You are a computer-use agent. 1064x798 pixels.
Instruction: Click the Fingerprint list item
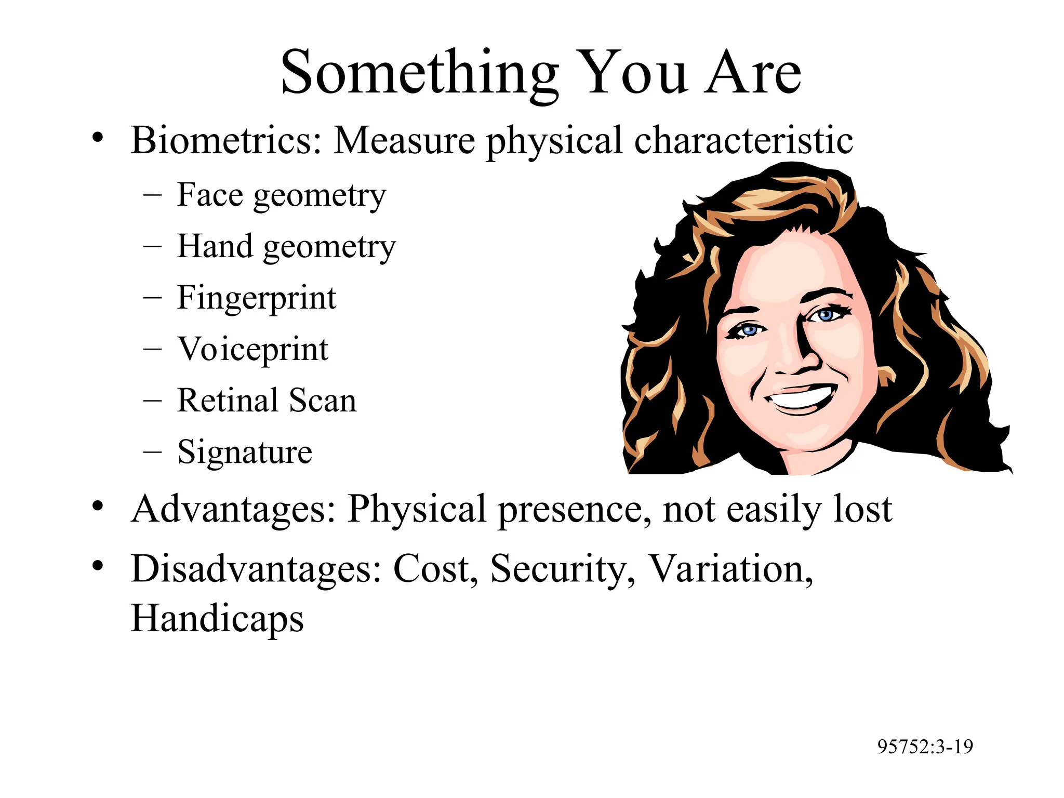click(x=257, y=298)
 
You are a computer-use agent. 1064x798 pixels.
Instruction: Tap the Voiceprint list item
click(x=253, y=349)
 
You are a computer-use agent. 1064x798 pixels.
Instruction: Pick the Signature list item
click(x=245, y=451)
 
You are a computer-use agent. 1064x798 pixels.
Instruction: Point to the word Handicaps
click(x=217, y=619)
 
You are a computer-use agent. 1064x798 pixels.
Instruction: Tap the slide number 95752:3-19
click(x=925, y=747)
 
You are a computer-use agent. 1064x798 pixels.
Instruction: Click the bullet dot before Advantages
click(x=98, y=506)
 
